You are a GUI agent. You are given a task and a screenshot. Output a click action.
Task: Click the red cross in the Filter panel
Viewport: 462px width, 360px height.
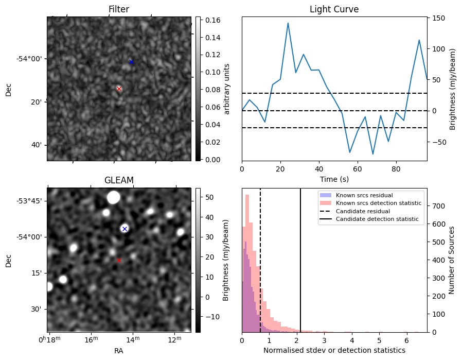tap(119, 89)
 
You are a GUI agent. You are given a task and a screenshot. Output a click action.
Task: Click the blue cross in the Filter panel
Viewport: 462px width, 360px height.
tap(131, 62)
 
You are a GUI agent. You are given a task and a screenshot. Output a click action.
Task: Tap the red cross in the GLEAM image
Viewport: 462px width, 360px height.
tap(119, 261)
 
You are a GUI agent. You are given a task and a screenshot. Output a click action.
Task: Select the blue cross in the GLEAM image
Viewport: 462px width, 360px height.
tap(125, 229)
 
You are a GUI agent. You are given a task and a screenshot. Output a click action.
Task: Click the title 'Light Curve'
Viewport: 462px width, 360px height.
tap(334, 9)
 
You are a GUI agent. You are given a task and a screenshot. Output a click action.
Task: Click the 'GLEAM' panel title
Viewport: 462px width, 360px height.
tap(119, 180)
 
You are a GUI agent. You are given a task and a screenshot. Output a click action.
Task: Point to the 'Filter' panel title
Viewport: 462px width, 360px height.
tap(119, 9)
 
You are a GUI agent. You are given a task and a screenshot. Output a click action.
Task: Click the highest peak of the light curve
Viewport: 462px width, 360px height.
tap(288, 23)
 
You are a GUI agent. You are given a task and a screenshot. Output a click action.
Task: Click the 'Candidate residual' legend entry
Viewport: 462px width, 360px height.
tap(363, 212)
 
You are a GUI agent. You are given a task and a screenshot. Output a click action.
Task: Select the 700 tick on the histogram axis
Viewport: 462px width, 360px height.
tap(438, 206)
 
